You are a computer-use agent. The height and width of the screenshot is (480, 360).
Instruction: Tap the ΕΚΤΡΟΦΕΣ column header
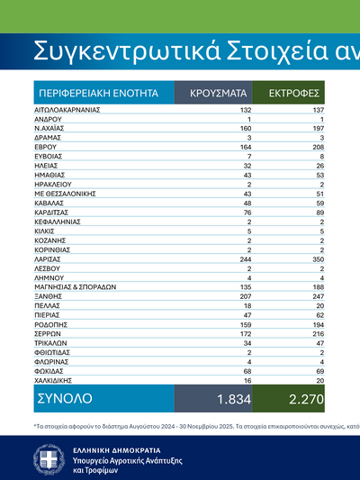pos(289,93)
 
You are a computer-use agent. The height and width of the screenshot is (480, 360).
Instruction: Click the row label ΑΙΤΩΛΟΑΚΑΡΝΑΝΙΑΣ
pos(67,110)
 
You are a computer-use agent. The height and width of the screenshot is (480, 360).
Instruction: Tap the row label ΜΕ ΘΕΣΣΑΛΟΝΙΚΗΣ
pos(65,193)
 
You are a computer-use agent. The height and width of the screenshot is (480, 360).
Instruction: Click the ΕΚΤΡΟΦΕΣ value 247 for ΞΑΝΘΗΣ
pos(316,296)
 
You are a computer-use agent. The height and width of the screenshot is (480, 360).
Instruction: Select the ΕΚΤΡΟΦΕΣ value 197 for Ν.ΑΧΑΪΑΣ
pos(316,127)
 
